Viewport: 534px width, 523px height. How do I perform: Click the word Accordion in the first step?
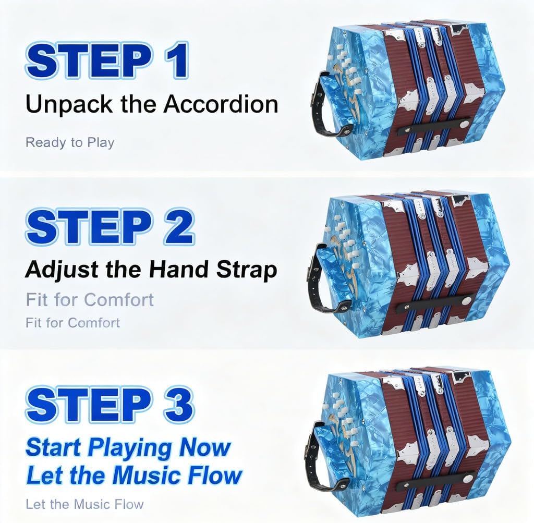point(220,104)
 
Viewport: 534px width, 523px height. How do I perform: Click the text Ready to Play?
point(70,142)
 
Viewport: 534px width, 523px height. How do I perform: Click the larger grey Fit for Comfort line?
point(90,300)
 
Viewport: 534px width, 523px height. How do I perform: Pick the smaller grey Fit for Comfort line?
point(73,323)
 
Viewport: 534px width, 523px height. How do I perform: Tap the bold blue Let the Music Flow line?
point(134,475)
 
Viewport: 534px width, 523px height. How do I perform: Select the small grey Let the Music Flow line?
point(84,504)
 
